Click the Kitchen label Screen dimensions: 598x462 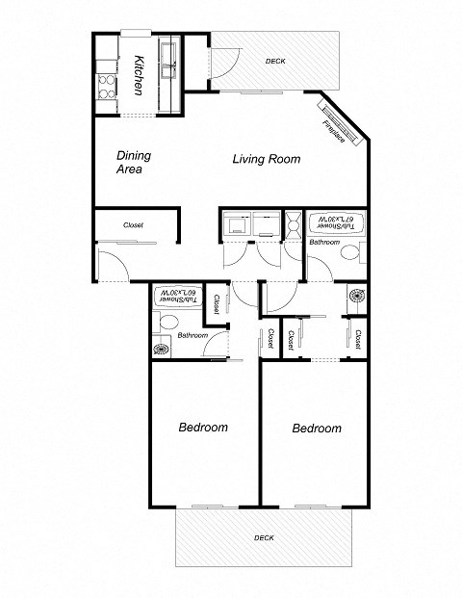click(139, 73)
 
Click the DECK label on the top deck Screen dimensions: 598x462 click(275, 64)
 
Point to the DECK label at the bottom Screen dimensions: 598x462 click(264, 536)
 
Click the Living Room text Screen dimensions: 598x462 click(267, 159)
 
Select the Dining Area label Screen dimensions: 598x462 click(130, 162)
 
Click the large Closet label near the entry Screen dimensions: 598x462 click(133, 224)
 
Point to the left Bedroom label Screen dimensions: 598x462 click(203, 427)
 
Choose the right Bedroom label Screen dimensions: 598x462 click(317, 428)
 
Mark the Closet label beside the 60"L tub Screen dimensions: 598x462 click(217, 305)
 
